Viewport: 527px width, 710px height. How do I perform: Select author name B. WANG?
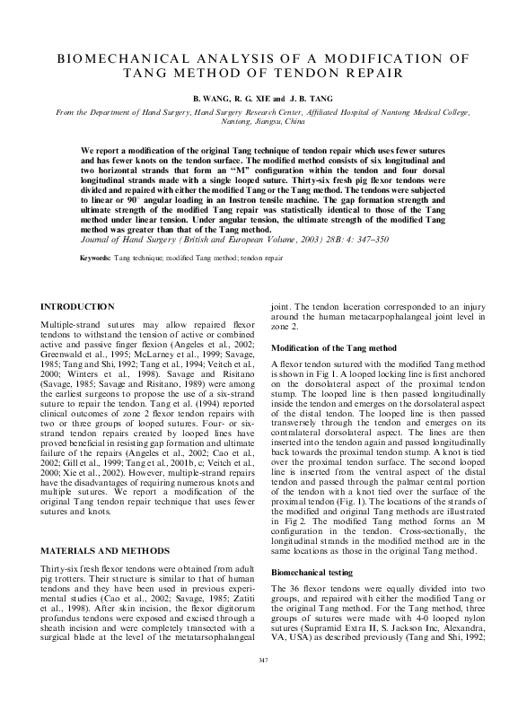click(x=202, y=94)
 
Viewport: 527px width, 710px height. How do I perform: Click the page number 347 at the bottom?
click(x=263, y=687)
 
